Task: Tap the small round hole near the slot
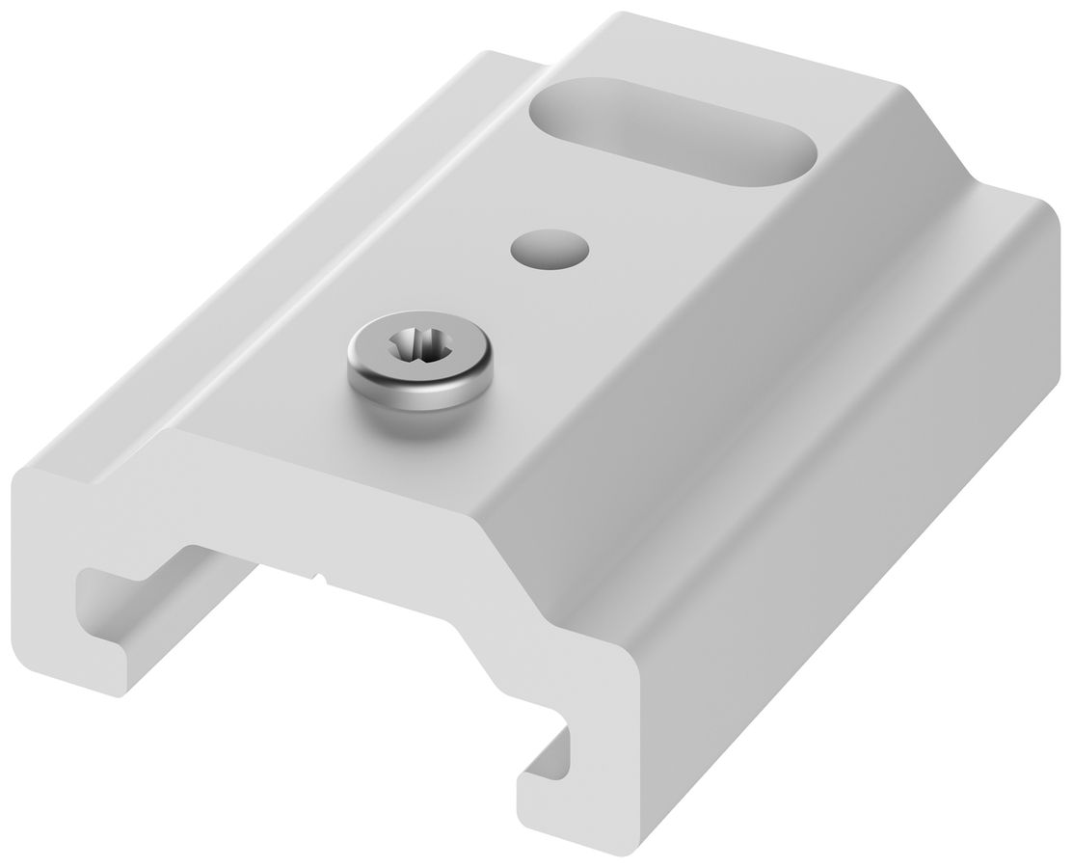click(x=549, y=248)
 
